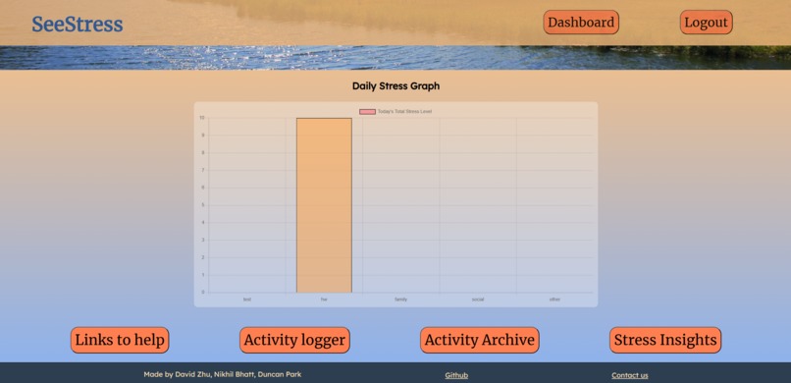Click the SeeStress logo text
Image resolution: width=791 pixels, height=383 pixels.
[77, 25]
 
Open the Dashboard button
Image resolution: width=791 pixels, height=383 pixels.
[581, 23]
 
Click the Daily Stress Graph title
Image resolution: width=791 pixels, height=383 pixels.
[395, 86]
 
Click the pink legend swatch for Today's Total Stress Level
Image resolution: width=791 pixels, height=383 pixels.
[367, 112]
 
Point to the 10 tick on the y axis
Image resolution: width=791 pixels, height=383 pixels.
[202, 118]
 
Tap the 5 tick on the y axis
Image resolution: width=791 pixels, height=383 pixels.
[202, 205]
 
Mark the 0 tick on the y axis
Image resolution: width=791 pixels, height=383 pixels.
[202, 292]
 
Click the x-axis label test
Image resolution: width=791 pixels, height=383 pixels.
[247, 300]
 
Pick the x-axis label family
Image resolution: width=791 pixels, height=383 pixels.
[400, 300]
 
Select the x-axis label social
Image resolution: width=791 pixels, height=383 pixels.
[478, 300]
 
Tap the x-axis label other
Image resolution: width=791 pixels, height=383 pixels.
[554, 300]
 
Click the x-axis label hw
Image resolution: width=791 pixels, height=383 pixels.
[324, 300]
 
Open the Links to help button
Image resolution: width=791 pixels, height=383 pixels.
[120, 340]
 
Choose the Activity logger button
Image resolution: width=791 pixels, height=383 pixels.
[294, 340]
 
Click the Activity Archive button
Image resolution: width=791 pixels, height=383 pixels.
[479, 340]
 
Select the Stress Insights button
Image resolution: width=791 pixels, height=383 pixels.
[665, 340]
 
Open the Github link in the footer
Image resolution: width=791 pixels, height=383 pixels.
[456, 375]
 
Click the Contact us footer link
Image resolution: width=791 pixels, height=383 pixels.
[629, 375]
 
